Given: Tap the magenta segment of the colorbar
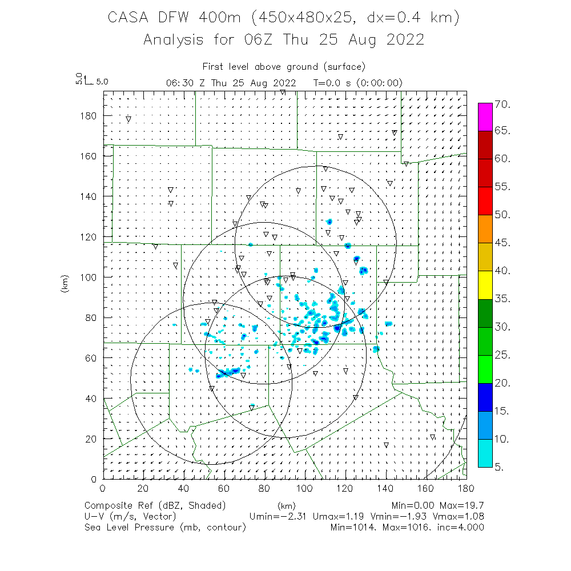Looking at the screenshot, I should click(485, 117).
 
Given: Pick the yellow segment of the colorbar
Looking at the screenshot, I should click(485, 285).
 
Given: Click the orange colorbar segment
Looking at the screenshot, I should click(485, 229).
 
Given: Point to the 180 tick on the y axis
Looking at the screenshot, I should click(91, 115).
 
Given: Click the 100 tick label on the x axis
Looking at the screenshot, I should click(305, 488).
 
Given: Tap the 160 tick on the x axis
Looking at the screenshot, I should click(426, 488).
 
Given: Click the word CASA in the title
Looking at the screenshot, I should click(129, 18).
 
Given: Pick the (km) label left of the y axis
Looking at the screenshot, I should click(64, 285).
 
